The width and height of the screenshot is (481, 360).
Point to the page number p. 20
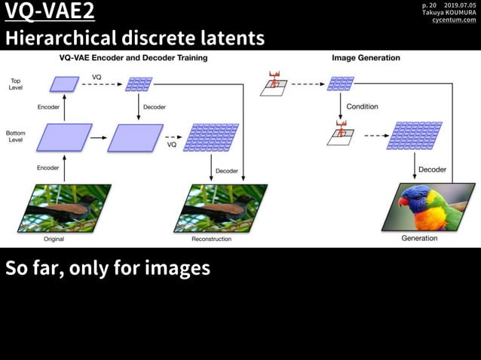(x=429, y=5)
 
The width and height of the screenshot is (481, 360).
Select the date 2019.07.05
(x=460, y=5)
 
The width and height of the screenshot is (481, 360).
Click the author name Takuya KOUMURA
(x=449, y=12)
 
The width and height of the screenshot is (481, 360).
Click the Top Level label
(x=15, y=84)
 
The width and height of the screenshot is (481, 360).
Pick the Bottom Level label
(x=15, y=136)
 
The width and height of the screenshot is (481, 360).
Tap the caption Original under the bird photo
(x=54, y=239)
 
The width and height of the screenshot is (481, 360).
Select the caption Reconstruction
(x=211, y=239)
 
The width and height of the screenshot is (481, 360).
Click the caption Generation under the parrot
(x=419, y=238)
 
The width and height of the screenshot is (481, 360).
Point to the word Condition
(x=362, y=107)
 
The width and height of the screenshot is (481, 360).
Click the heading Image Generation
(x=366, y=58)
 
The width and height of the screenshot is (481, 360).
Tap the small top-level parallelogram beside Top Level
(x=64, y=84)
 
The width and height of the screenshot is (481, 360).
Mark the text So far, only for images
(x=108, y=268)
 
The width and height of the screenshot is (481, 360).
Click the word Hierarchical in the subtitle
(x=61, y=38)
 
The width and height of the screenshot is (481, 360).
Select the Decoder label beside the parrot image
(x=432, y=169)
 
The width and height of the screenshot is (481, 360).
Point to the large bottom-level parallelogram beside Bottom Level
(x=58, y=137)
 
